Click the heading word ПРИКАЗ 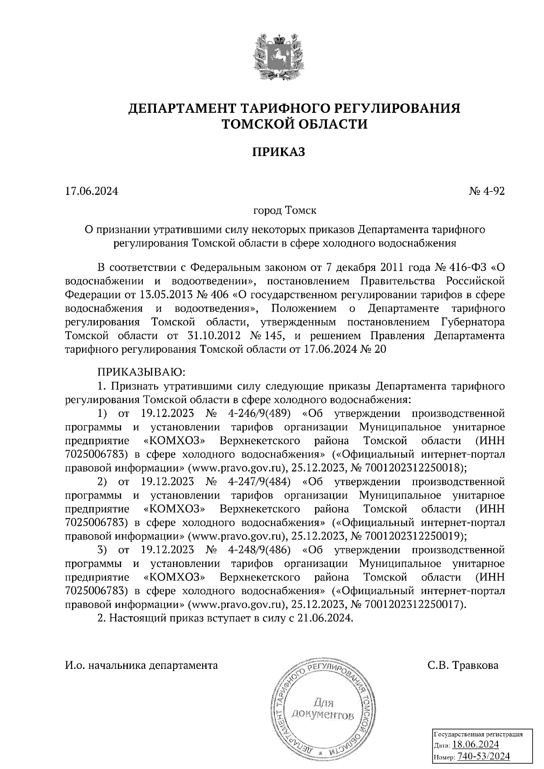point(278,152)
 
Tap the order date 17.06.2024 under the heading point(92,192)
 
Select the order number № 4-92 point(486,192)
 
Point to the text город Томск point(285,211)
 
